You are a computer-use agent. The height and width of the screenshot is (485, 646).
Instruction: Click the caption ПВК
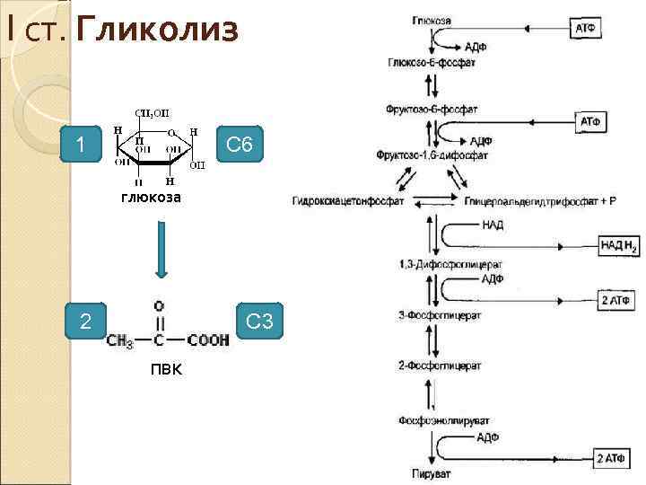[x=166, y=369]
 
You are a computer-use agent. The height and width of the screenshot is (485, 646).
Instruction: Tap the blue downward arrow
[x=161, y=251]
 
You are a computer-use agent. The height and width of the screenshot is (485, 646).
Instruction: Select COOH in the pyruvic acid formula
[x=208, y=340]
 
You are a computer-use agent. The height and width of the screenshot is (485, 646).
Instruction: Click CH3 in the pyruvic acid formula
[x=120, y=341]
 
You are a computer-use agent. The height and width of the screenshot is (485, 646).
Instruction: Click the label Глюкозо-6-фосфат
[x=432, y=64]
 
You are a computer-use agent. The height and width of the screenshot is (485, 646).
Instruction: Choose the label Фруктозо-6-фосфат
[x=432, y=109]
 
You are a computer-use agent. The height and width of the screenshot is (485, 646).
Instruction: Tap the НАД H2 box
[x=618, y=245]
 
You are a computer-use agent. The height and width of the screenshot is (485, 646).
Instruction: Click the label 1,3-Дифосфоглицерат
[x=438, y=265]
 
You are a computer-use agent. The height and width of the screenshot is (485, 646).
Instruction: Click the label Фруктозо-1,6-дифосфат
[x=433, y=155]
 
